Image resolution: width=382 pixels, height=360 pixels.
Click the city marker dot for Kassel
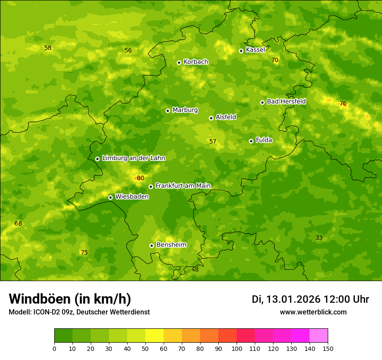tap(241, 51)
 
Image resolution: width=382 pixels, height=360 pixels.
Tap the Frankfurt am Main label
tap(183, 186)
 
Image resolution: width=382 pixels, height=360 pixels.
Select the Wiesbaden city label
tap(132, 196)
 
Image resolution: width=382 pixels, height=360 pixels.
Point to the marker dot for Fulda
tap(251, 141)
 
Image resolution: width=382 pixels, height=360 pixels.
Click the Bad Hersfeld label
tap(286, 101)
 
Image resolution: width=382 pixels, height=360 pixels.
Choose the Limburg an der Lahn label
tap(133, 158)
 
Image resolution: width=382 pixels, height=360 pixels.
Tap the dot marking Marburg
tap(168, 111)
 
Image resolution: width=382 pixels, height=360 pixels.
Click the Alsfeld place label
tap(226, 117)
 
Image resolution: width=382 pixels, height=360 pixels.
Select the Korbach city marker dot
tap(179, 62)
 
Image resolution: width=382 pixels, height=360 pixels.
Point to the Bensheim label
tap(171, 245)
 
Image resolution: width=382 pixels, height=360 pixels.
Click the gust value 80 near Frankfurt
tap(140, 178)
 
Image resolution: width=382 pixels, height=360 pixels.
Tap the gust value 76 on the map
tap(343, 103)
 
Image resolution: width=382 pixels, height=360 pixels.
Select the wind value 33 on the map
tap(319, 238)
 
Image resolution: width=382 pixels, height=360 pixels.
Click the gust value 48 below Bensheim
tap(195, 269)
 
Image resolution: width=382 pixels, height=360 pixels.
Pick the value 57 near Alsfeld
tap(213, 141)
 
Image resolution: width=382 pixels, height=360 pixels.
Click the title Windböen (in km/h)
tap(70, 299)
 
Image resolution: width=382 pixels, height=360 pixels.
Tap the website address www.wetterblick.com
tap(313, 312)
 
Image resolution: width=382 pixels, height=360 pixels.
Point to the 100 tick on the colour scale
tap(237, 348)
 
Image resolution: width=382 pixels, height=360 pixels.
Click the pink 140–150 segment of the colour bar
tap(319, 336)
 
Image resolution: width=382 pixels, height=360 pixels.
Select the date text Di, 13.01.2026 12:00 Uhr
tap(310, 299)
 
